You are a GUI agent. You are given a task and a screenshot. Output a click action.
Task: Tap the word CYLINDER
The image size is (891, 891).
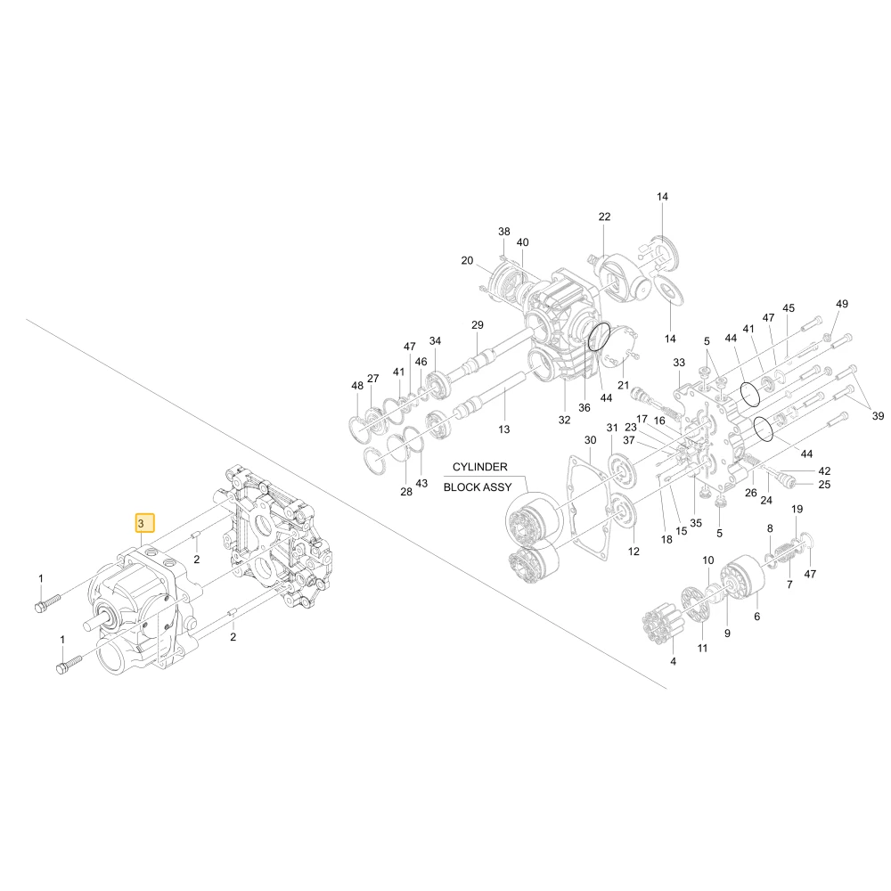(479, 467)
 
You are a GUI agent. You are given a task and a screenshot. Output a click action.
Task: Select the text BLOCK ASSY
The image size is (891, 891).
(478, 487)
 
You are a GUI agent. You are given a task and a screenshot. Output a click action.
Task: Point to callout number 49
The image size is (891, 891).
(842, 304)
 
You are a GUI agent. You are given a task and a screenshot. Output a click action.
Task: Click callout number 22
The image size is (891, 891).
(604, 217)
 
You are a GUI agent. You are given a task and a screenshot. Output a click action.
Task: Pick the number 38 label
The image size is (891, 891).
(504, 232)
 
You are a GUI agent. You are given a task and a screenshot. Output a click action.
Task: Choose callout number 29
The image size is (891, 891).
(478, 324)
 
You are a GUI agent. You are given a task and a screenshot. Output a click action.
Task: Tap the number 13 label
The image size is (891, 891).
(504, 429)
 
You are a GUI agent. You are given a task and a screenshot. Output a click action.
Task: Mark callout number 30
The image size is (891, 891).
(591, 440)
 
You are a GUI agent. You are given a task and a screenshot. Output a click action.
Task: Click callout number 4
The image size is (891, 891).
(673, 661)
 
